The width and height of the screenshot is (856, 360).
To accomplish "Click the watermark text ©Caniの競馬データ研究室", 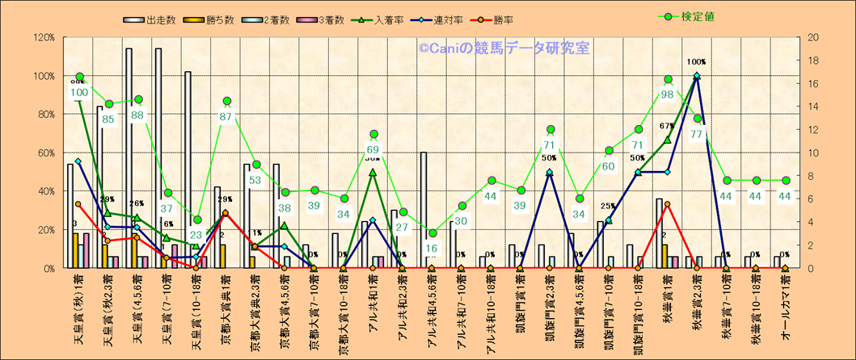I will pos(504,49).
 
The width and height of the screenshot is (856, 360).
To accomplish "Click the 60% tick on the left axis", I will pos(45,153).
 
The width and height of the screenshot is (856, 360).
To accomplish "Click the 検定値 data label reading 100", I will pos(79,93).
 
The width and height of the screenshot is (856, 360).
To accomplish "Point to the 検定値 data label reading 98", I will pos(668,94).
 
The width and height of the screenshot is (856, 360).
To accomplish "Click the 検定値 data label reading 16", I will pos(432,249).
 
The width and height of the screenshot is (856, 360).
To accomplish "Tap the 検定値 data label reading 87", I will pos(226,117).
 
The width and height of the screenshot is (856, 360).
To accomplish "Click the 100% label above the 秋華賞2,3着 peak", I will pos(696,62).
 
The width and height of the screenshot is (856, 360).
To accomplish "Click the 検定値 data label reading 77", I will pos(697,134).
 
